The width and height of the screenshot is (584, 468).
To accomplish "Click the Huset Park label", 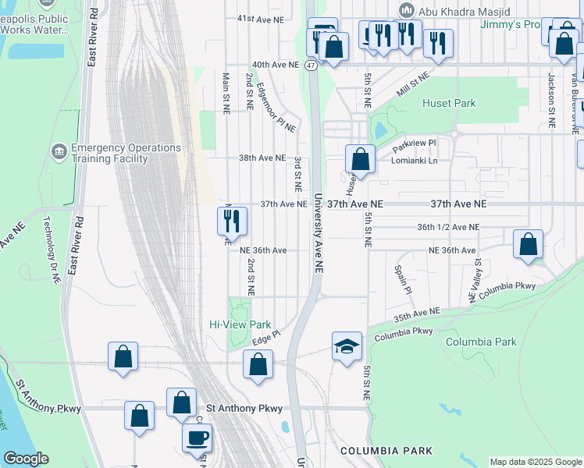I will tap(449, 103).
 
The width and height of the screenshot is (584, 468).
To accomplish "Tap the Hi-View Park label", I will tap(240, 324).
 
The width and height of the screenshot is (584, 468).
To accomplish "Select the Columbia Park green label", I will tap(481, 342).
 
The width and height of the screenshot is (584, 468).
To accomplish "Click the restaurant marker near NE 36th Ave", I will tap(232, 222).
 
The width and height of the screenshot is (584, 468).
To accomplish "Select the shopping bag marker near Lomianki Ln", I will tap(361, 160).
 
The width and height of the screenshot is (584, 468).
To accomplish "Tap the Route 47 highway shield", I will tap(311, 66).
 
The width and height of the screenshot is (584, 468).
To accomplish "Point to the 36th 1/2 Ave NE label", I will tap(447, 227).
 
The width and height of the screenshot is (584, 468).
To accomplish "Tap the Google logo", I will tap(27, 459).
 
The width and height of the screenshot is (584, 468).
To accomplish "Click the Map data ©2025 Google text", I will tap(535, 462).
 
